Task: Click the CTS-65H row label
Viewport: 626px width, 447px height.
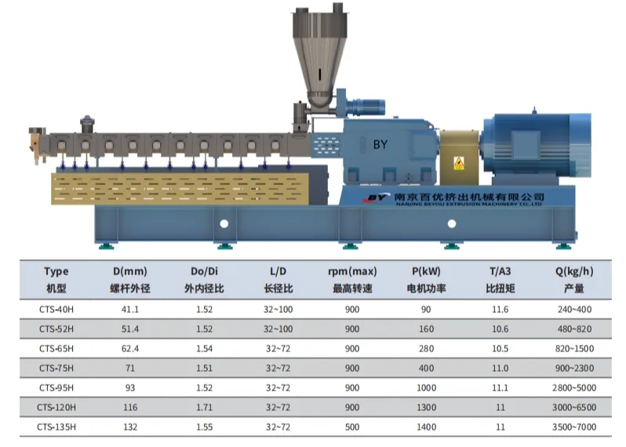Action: (56, 348)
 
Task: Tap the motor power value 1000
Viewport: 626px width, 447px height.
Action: (426, 387)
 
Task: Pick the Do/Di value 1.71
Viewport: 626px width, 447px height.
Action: (204, 407)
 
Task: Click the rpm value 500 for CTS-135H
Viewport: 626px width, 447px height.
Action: (351, 427)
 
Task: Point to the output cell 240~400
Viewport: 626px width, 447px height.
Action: (574, 309)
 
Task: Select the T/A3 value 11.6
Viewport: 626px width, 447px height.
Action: (500, 309)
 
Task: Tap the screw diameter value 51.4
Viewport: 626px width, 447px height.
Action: (129, 329)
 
